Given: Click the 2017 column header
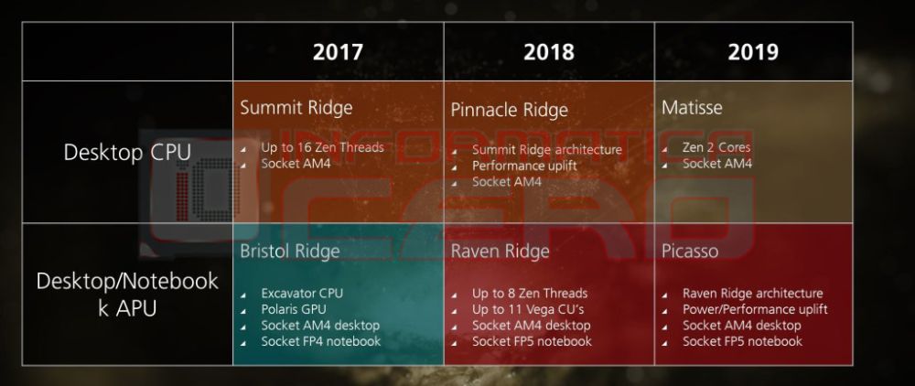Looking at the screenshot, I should point(338,52).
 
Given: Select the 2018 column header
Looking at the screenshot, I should point(548,52).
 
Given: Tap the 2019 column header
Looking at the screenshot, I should point(753,52).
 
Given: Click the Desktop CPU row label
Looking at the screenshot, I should point(127,153).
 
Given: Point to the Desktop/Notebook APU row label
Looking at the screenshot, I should point(127,294).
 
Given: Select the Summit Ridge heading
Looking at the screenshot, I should point(296,108).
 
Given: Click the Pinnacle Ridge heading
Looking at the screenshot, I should point(509,110).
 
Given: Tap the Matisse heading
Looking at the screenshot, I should point(692,108).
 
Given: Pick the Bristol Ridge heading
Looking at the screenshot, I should point(289,251).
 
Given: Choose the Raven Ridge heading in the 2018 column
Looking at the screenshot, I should point(500,251).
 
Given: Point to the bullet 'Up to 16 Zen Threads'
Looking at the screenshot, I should point(322,147).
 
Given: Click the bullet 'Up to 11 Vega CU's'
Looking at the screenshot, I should point(528,309).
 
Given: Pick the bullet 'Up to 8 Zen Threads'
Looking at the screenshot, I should point(530,294).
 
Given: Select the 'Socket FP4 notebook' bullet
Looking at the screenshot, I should point(320,341).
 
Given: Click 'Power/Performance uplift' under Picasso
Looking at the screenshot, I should point(755,309).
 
